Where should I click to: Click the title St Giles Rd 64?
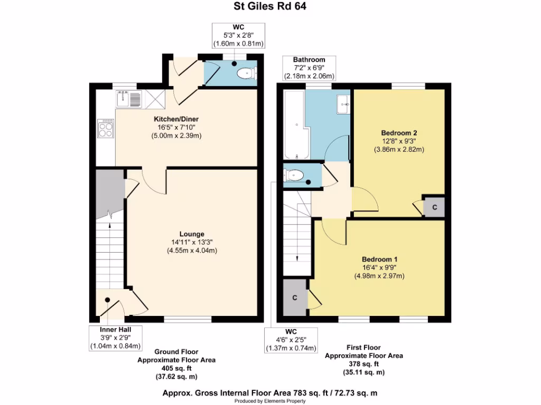tap(270, 7)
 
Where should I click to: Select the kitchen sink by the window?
tap(128, 99)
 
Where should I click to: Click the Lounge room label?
tap(191, 234)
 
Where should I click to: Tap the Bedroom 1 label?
tap(379, 259)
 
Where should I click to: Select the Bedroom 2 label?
tap(399, 133)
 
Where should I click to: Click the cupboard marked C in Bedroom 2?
tap(434, 208)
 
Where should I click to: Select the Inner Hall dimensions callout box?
tap(115, 338)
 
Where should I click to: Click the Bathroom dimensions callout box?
tap(309, 67)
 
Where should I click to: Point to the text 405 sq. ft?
tap(176, 368)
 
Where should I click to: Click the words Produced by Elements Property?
tap(270, 401)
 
